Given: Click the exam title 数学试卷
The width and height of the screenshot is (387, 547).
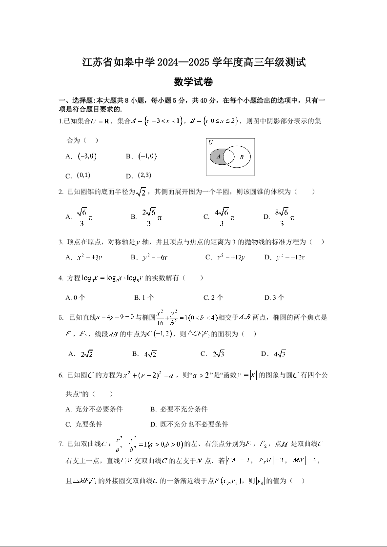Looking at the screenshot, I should pos(193,82).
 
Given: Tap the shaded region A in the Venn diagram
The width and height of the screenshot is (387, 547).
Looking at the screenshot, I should pos(218,156).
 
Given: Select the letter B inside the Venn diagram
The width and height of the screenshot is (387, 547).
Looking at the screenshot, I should pos(241,157).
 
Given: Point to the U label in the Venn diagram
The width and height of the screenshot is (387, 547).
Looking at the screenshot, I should pos(210,142).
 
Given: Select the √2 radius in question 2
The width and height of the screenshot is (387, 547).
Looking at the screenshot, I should pos(141,193).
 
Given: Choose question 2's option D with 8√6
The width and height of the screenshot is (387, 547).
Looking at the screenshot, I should pos(279,217).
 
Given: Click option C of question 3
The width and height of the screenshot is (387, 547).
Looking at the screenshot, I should pos(225,257).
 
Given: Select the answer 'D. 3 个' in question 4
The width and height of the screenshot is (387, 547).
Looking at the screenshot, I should pos(274,297).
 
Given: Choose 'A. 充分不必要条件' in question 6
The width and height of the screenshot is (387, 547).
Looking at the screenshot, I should pos(94,409).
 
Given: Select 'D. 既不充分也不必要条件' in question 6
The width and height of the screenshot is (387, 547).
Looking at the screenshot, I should pos(189,424).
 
